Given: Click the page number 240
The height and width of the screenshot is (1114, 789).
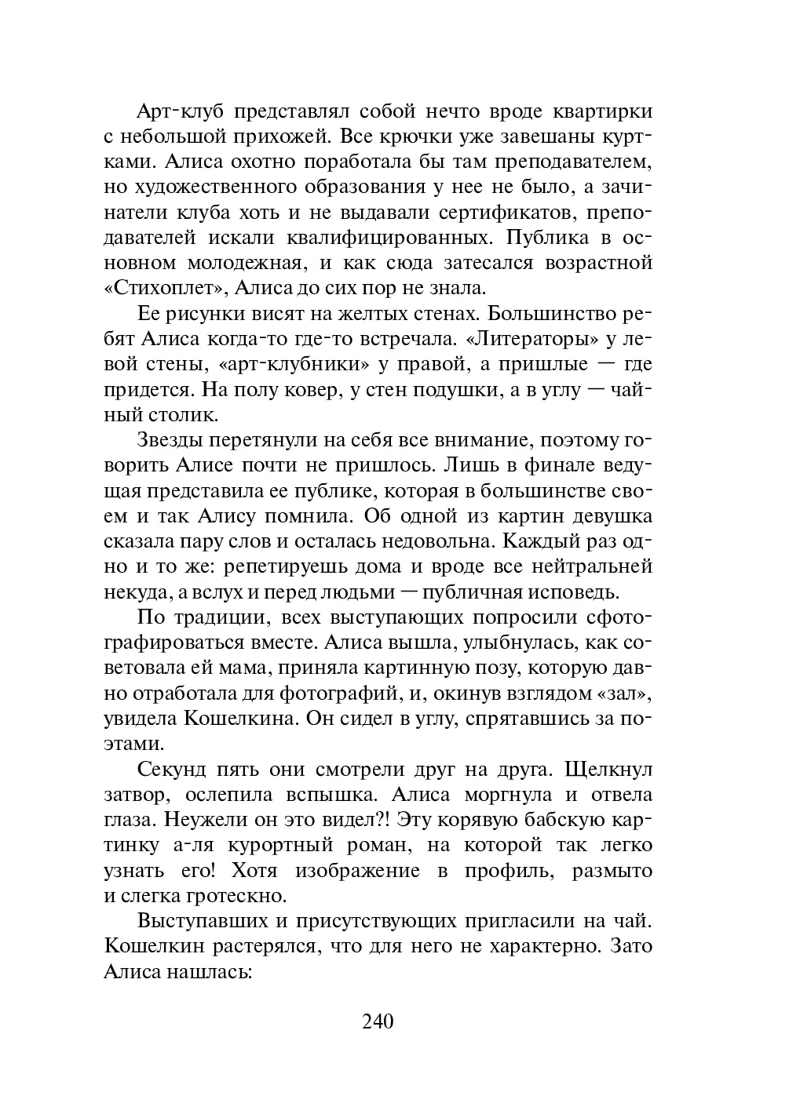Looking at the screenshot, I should coord(378,1021).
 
